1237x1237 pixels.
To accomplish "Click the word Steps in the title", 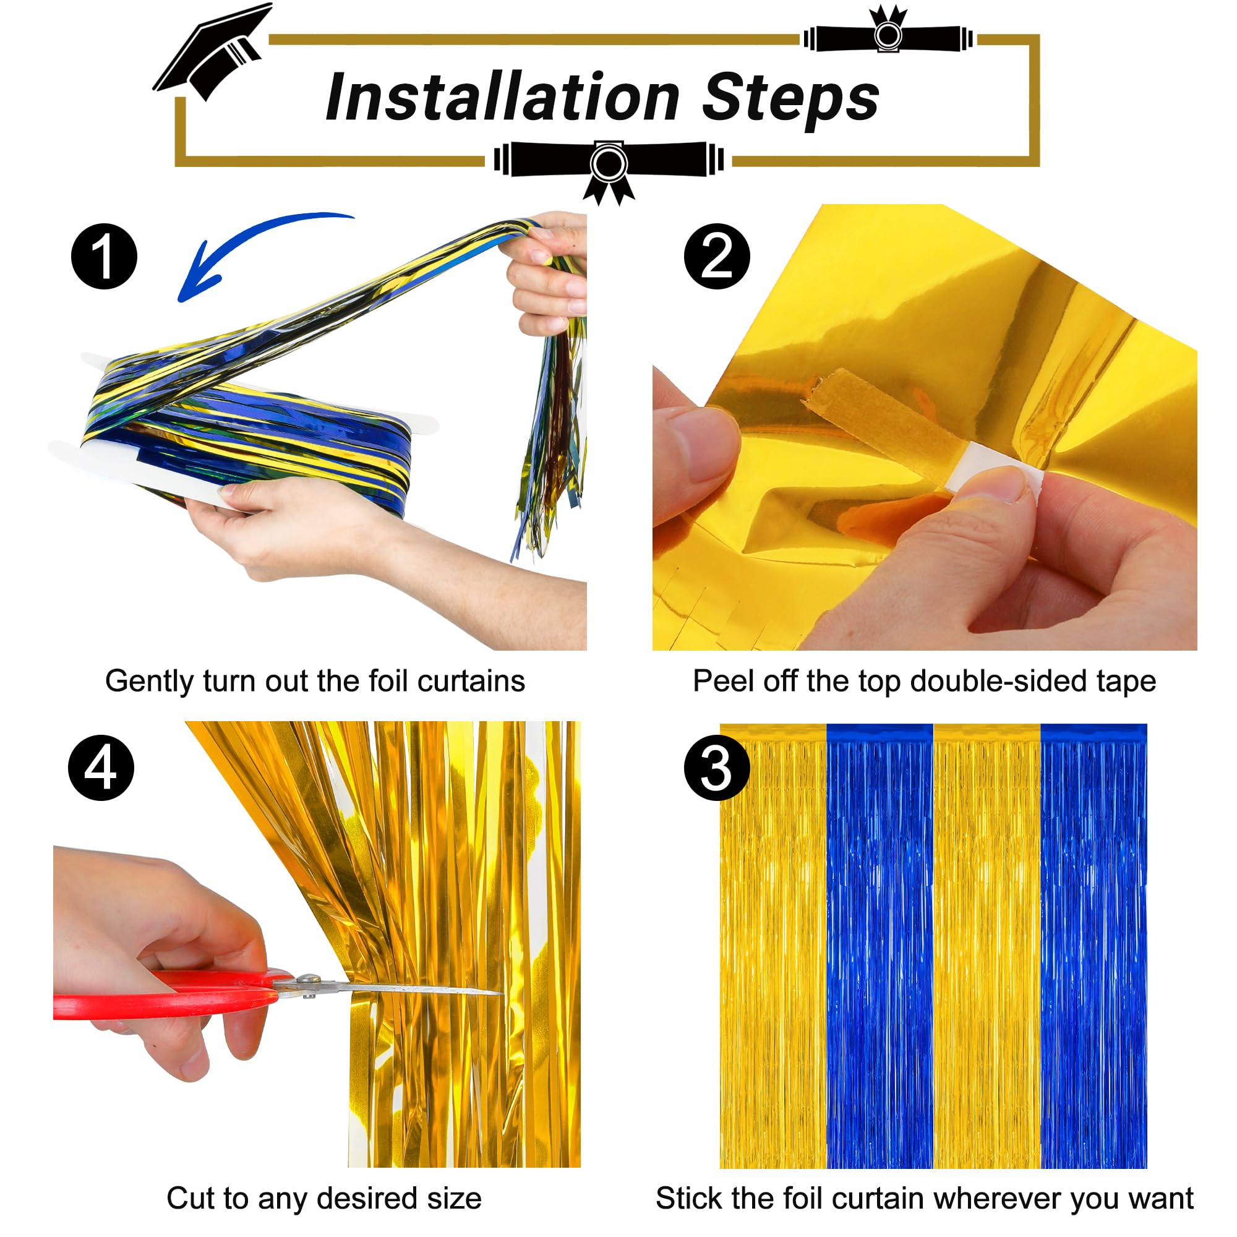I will (790, 99).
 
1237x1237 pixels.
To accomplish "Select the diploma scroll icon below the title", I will (608, 164).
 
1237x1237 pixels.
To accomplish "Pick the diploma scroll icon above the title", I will (888, 35).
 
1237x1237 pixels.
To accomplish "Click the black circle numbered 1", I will (104, 256).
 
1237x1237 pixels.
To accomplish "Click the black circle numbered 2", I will (716, 256).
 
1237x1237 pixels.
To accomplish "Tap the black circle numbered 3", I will (716, 768).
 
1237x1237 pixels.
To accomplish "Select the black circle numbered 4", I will (101, 768).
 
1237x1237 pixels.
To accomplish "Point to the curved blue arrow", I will (250, 247).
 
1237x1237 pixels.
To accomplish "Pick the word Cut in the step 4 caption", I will (187, 1199).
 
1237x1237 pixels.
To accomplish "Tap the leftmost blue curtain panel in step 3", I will (880, 948).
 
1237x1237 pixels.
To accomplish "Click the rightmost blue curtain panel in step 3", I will (1094, 948).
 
